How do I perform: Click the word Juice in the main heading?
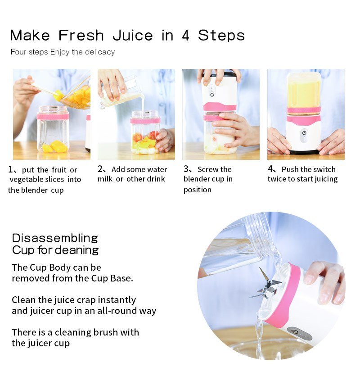tap(133, 36)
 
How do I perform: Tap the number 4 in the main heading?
tap(185, 36)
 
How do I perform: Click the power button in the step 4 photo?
tap(304, 133)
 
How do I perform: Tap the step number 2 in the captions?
tap(101, 169)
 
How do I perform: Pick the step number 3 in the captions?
tap(186, 169)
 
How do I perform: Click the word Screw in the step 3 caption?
tap(208, 169)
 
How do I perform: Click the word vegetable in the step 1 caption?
tap(26, 179)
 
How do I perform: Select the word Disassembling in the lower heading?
tap(55, 238)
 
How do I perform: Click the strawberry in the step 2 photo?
tap(138, 136)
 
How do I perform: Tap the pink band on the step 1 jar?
tap(53, 116)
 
